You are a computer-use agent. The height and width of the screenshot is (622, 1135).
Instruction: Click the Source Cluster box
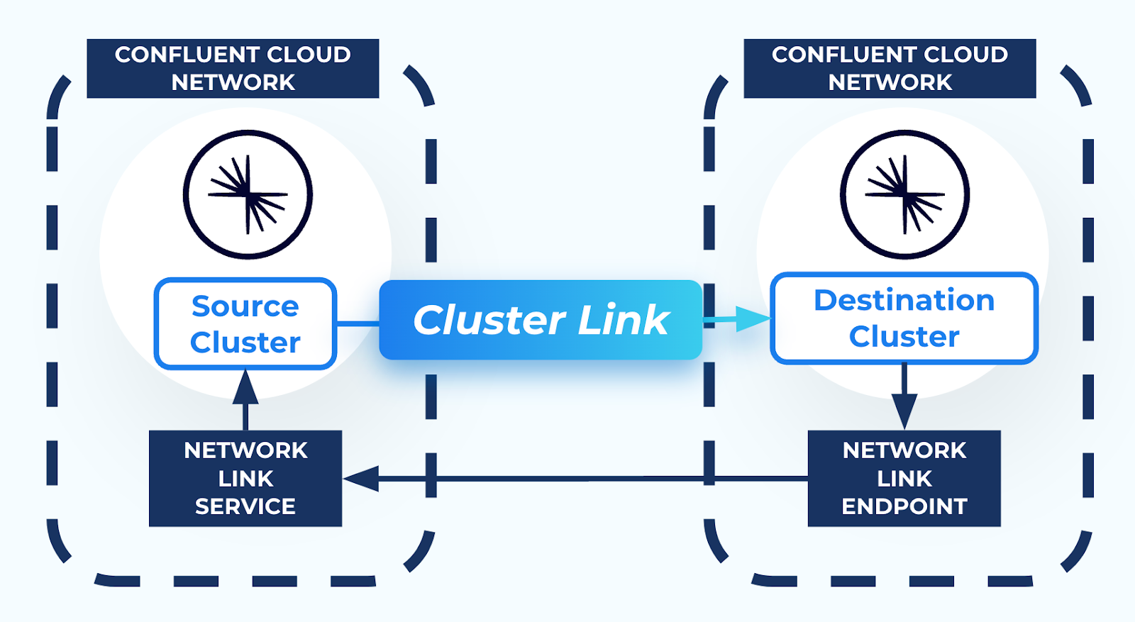pyautogui.click(x=245, y=324)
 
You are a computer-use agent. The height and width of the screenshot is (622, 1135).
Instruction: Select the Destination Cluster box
pyautogui.click(x=904, y=318)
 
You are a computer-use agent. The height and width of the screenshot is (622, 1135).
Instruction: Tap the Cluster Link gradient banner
pyautogui.click(x=541, y=320)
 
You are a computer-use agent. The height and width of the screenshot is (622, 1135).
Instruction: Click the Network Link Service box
pyautogui.click(x=245, y=478)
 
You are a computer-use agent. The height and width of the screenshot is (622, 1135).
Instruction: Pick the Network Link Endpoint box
pyautogui.click(x=904, y=478)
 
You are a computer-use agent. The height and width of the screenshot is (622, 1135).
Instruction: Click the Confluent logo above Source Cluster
pyautogui.click(x=248, y=194)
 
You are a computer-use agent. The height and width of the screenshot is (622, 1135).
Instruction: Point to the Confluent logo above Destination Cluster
pyautogui.click(x=904, y=194)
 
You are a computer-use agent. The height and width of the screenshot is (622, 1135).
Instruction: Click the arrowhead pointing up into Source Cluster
pyautogui.click(x=245, y=387)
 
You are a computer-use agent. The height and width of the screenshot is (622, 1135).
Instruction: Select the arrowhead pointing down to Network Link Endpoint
pyautogui.click(x=904, y=411)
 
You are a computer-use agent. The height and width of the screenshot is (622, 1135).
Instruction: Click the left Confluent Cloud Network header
pyautogui.click(x=233, y=68)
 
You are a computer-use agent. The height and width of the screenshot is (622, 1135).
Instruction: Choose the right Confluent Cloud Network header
pyautogui.click(x=890, y=68)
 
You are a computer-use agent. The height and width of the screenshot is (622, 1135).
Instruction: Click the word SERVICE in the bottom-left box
pyautogui.click(x=245, y=506)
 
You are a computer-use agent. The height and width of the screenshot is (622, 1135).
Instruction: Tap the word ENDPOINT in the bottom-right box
pyautogui.click(x=904, y=506)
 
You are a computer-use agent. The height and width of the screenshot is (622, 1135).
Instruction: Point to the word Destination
pyautogui.click(x=904, y=301)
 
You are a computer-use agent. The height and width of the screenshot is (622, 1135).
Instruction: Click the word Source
pyautogui.click(x=245, y=306)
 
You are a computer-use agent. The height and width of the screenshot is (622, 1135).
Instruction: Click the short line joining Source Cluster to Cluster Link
pyautogui.click(x=358, y=323)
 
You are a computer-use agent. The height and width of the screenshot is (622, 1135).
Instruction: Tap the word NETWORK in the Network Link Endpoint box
pyautogui.click(x=904, y=450)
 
